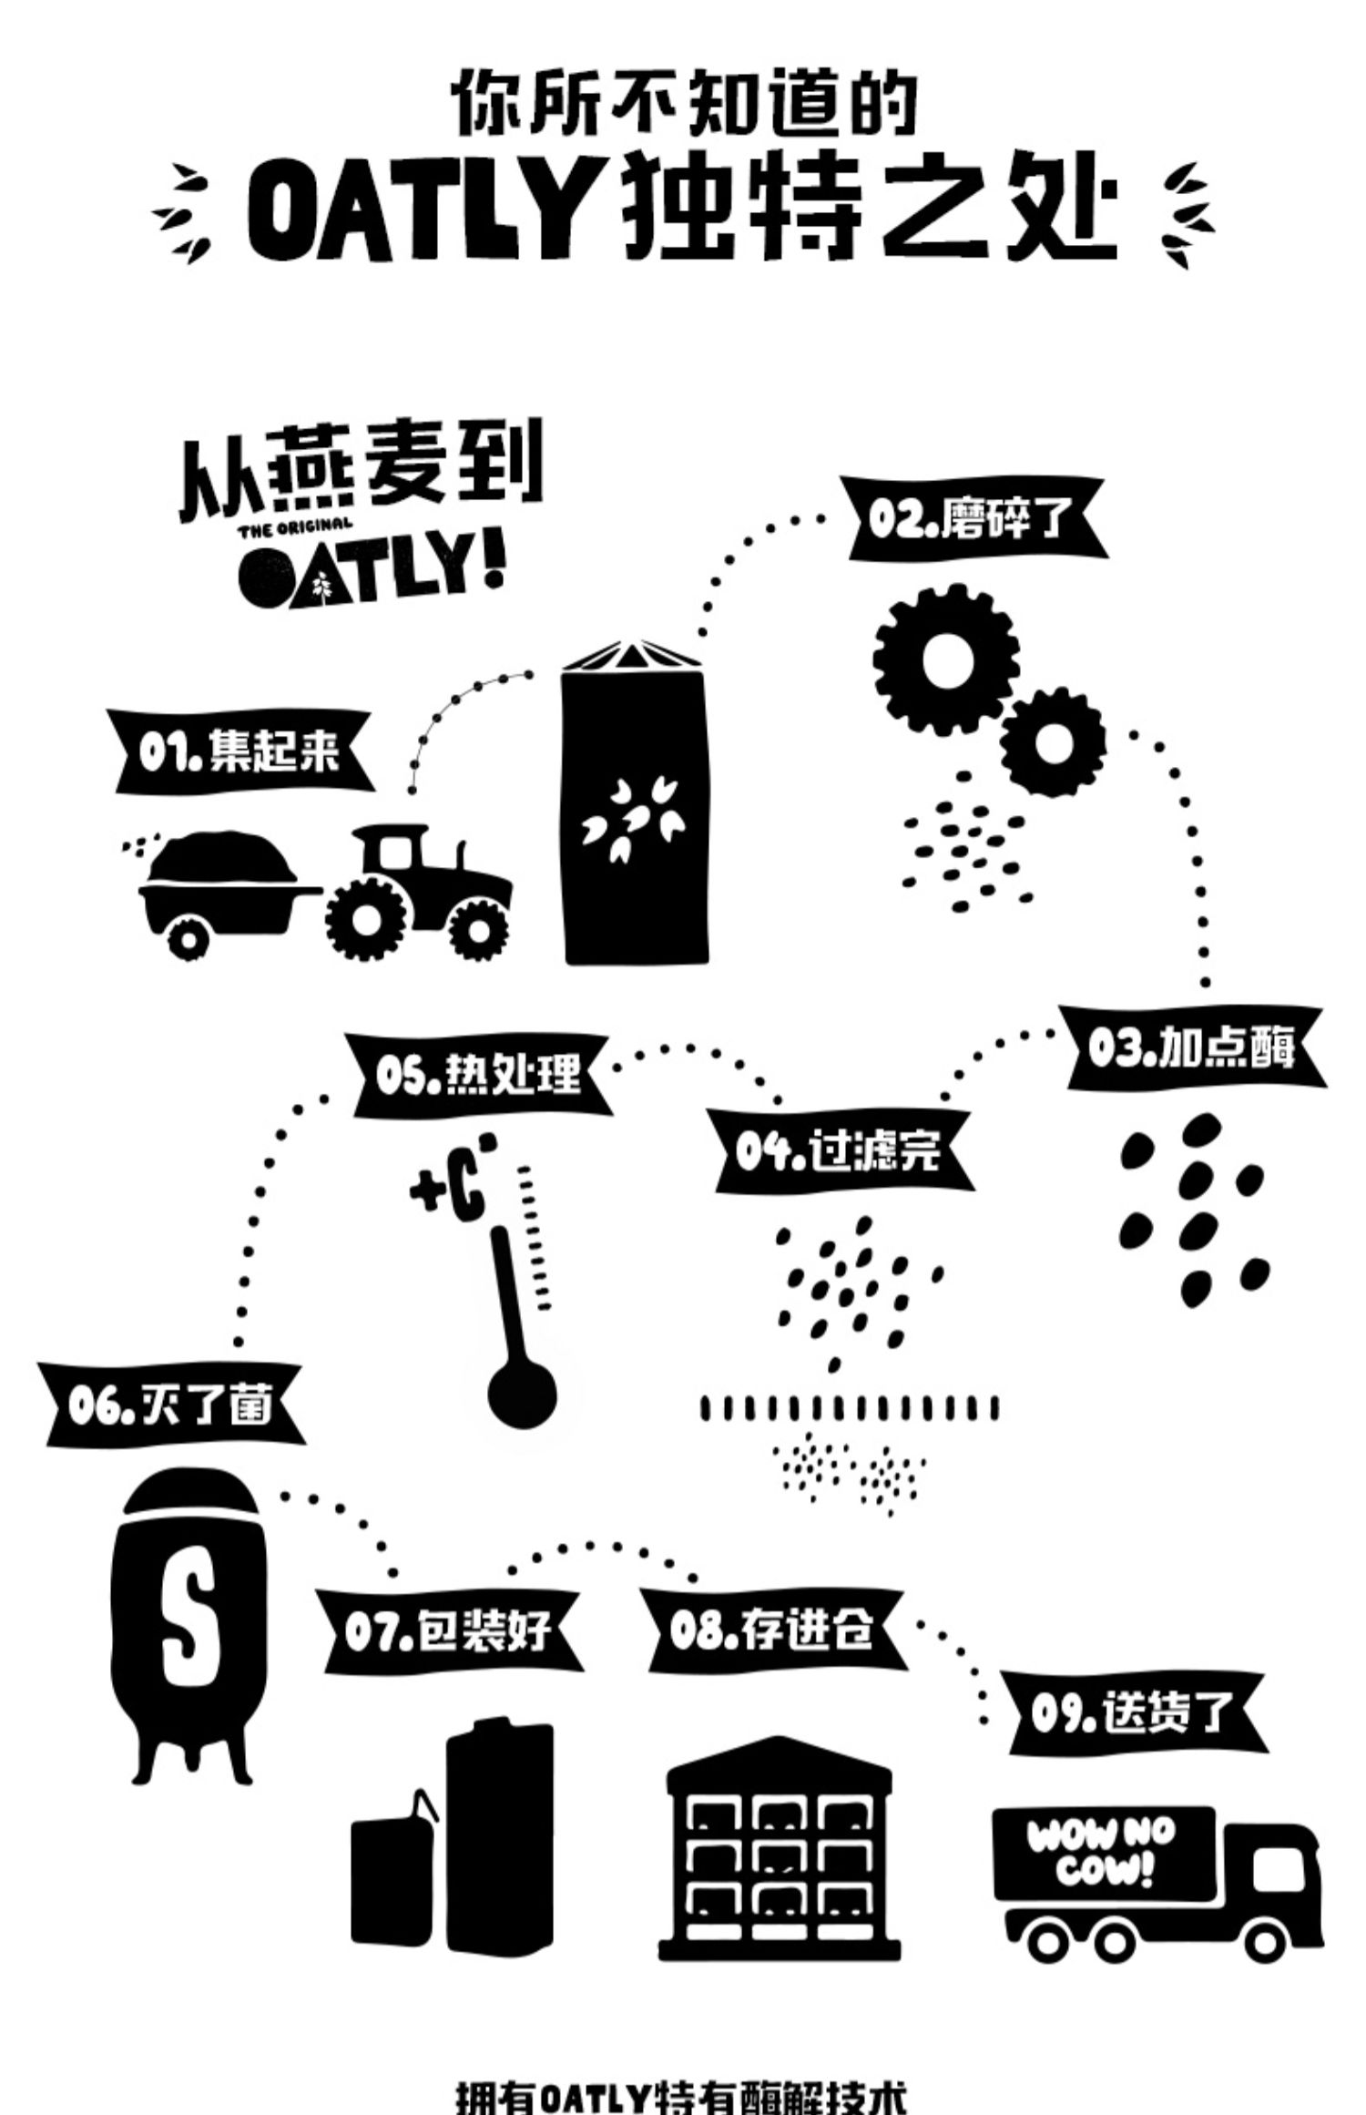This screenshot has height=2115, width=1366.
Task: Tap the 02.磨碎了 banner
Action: point(977,518)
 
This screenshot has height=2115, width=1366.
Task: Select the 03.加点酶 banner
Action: point(1193,1048)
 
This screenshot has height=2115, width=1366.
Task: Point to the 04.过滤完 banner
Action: point(840,1152)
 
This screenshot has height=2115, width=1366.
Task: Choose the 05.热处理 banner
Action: point(479,1074)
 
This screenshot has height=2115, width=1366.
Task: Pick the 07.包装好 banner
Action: point(446,1630)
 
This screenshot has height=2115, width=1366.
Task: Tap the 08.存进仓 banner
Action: point(773,1630)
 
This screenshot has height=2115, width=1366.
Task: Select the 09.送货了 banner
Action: point(1134,1712)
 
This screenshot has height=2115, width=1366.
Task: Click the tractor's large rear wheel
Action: point(366,921)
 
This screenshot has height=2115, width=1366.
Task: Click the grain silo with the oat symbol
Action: point(635,811)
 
